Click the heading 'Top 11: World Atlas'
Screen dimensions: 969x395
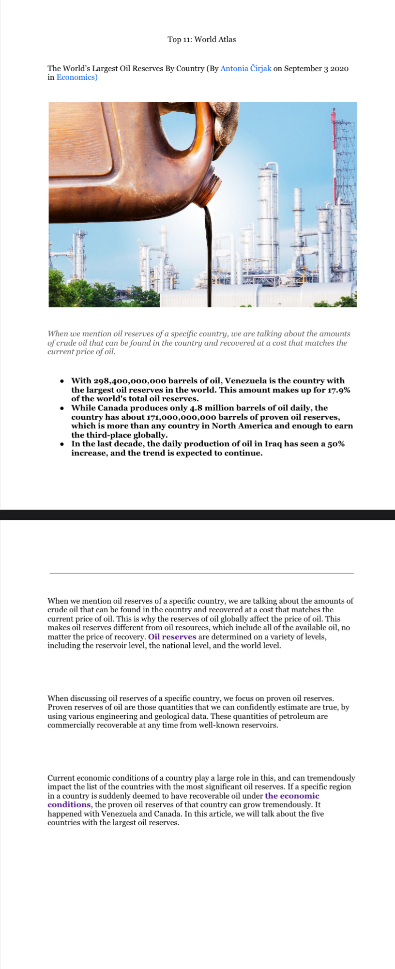[x=201, y=40]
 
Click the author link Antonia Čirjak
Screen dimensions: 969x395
[x=245, y=69]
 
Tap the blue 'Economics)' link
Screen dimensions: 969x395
[x=76, y=77]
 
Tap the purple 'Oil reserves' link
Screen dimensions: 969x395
[x=172, y=637]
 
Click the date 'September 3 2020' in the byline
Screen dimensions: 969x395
[x=316, y=69]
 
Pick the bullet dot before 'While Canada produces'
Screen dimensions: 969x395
[x=62, y=409]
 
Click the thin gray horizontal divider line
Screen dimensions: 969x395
[x=201, y=573]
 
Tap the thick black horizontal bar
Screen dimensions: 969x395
[x=197, y=515]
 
